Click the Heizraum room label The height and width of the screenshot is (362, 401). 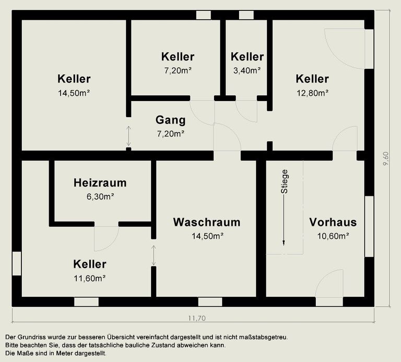click(100, 183)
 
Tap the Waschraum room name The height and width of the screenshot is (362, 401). click(207, 222)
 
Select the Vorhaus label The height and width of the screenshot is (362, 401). click(333, 222)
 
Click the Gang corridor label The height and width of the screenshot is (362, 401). click(170, 120)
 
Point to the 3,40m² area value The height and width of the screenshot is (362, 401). click(247, 70)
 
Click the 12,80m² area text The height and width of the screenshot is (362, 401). click(312, 93)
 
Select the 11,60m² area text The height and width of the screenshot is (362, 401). click(90, 278)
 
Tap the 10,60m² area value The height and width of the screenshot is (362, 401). click(333, 235)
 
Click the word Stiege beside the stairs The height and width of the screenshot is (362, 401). click(285, 182)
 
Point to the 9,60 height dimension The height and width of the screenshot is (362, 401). click(386, 158)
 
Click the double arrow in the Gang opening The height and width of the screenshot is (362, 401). click(128, 136)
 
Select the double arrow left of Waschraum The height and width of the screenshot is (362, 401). click(154, 255)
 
